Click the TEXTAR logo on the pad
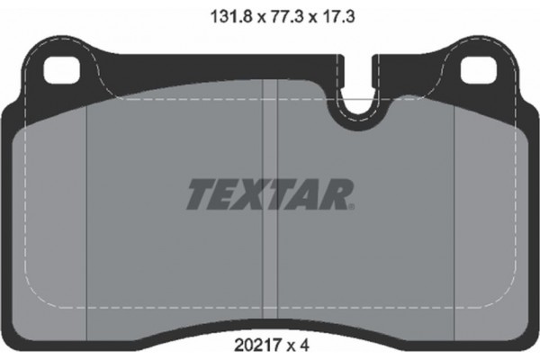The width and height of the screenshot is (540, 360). pos(270,193)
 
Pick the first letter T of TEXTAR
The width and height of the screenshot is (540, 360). pos(201,193)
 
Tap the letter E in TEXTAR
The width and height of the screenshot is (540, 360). pos(226,193)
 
